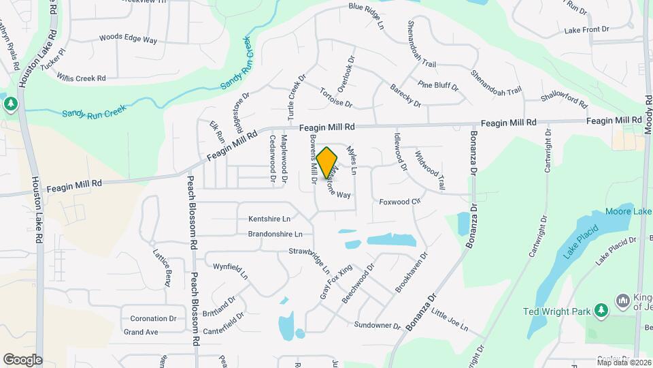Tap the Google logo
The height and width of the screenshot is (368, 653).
click(22, 359)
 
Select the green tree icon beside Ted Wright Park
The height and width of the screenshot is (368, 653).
click(601, 311)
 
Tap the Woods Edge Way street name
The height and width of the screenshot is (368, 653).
click(128, 39)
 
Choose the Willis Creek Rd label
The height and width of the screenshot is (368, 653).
click(81, 78)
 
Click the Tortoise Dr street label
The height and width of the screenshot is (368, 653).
click(336, 99)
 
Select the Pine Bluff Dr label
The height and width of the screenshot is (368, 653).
click(438, 86)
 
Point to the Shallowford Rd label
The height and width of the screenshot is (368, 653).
click(564, 98)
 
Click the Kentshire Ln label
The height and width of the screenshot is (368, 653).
click(269, 219)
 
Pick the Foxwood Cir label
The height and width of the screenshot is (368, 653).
click(401, 202)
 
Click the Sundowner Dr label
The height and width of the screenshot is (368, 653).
click(378, 324)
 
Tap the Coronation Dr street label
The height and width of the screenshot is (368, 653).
click(153, 318)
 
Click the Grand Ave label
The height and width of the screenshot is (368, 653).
click(141, 332)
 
